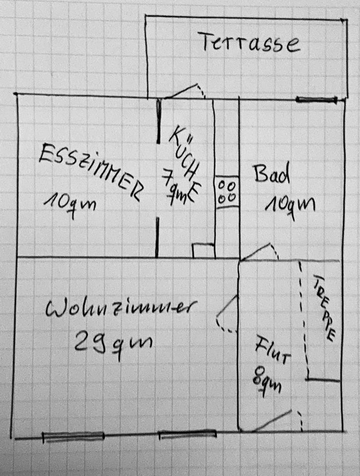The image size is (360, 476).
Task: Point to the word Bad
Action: click(271, 175)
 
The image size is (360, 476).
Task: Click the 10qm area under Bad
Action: click(290, 203)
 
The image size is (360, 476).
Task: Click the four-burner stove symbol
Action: click(226, 191)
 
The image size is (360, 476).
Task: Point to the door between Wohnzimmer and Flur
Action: click(228, 314)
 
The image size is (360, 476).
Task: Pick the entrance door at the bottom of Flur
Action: click(278, 420)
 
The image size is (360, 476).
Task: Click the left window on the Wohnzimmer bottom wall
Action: click(73, 437)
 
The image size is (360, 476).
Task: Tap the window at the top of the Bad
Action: click(316, 100)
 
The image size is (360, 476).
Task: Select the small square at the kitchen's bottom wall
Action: click(203, 250)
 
